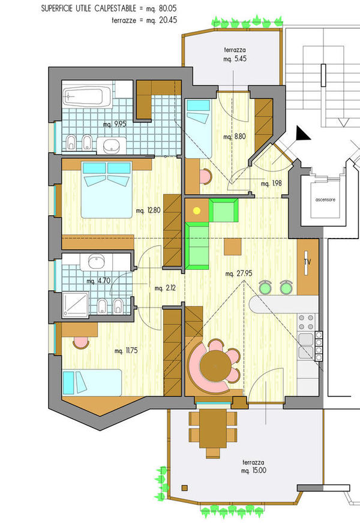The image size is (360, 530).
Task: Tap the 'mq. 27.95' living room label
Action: (x=239, y=273)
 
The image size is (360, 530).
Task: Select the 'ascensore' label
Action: (x=325, y=200)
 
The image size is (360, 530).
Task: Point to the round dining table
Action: (x=215, y=367)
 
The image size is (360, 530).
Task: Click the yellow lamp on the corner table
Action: (x=197, y=211)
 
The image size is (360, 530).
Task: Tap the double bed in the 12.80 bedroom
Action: (x=107, y=189)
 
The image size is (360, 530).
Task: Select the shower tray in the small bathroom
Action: (x=76, y=305)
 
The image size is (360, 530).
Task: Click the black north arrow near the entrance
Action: (x=302, y=134)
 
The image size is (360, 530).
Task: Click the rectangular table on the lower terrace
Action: (x=212, y=429)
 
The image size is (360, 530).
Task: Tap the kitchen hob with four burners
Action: (x=305, y=322)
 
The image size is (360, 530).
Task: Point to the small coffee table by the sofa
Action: (x=233, y=247)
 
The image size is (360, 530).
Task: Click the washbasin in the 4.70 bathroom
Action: (x=97, y=261)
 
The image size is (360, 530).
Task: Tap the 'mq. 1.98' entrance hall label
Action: (x=271, y=183)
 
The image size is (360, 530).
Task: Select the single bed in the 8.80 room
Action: (x=198, y=129)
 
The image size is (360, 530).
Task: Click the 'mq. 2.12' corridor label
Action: (x=165, y=288)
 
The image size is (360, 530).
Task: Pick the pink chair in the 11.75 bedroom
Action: (x=81, y=342)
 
